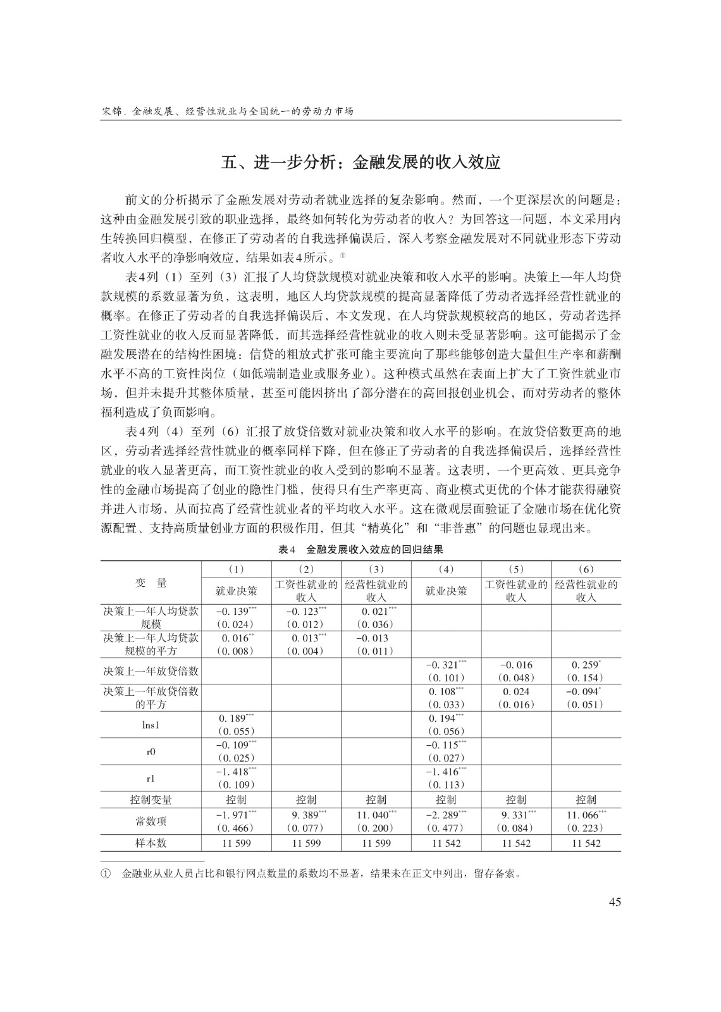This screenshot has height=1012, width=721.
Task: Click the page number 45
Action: (x=614, y=902)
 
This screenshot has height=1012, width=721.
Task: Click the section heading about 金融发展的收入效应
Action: (x=360, y=163)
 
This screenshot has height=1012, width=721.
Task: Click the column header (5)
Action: (x=516, y=569)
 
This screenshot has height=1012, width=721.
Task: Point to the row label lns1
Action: (x=151, y=725)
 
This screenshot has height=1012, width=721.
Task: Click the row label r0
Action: (x=151, y=751)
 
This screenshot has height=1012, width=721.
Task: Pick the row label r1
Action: (x=151, y=778)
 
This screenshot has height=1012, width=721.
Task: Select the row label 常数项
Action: (x=151, y=821)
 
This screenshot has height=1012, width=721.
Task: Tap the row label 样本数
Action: (x=151, y=843)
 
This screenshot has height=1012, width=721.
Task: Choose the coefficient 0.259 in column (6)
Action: (x=584, y=665)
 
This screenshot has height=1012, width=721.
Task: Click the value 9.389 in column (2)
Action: (x=304, y=815)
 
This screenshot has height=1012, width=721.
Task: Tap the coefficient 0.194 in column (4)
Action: (x=444, y=719)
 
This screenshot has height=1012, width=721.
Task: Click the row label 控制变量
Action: (x=151, y=799)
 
